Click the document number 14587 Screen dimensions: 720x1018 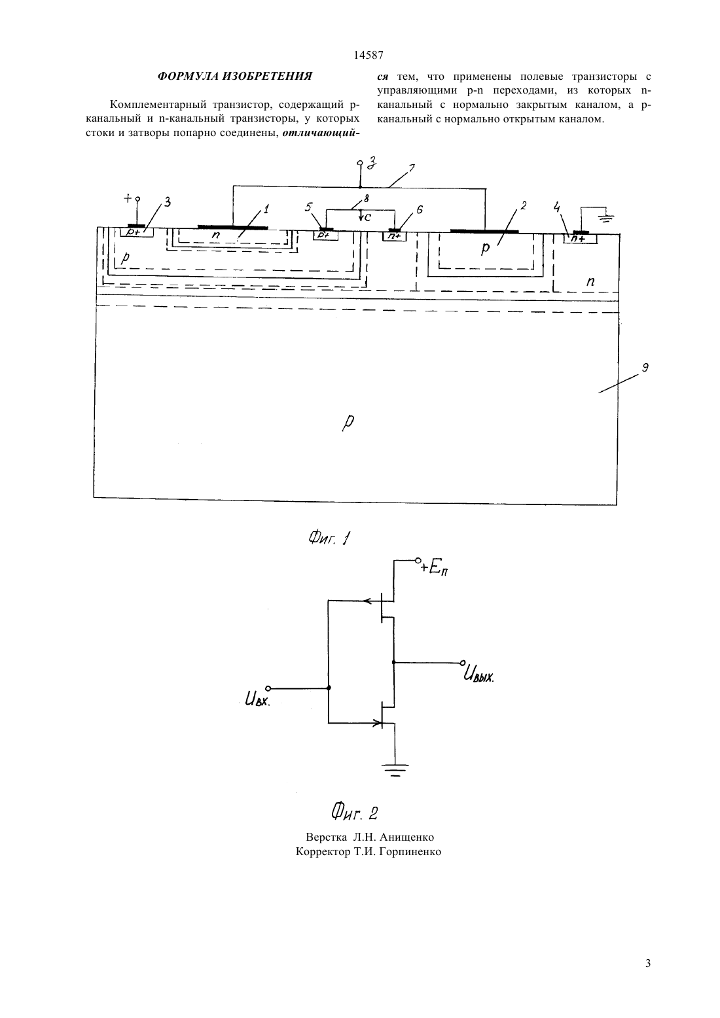[x=369, y=55]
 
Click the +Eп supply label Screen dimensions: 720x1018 [x=435, y=568]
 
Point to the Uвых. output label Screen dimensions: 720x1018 [x=478, y=676]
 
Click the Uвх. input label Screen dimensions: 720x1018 [x=257, y=700]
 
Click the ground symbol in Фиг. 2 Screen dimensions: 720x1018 [x=395, y=770]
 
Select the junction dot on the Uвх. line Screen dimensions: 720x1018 [x=329, y=688]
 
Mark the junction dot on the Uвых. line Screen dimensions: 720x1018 [x=393, y=662]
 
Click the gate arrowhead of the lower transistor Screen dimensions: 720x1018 [x=377, y=722]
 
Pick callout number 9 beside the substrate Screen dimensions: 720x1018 [x=644, y=368]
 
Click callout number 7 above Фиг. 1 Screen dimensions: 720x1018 [x=411, y=169]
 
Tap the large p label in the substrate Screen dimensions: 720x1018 [x=348, y=422]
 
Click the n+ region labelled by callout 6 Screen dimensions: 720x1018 [x=394, y=236]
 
